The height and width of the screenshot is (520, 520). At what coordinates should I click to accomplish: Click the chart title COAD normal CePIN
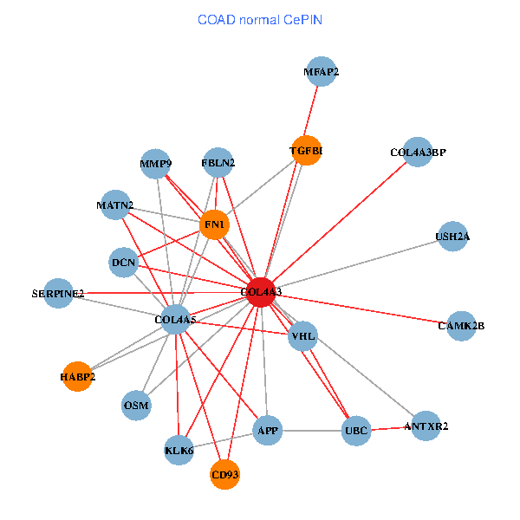(x=260, y=18)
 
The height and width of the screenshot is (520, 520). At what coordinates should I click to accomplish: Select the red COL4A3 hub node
(x=261, y=292)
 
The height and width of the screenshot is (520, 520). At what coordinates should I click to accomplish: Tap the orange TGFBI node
(x=306, y=151)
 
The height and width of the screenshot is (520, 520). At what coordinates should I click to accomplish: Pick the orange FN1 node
(x=214, y=225)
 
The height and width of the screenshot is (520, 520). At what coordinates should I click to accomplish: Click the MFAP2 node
(x=321, y=72)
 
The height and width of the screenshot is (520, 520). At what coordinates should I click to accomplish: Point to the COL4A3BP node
(x=418, y=153)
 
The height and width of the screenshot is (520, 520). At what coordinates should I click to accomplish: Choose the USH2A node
(x=452, y=236)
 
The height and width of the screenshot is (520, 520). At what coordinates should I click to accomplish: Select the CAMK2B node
(x=461, y=326)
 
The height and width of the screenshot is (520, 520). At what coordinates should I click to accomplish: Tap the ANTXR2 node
(x=425, y=426)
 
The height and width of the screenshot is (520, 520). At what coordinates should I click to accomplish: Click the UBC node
(x=356, y=431)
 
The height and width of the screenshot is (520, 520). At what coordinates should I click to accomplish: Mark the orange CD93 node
(x=224, y=475)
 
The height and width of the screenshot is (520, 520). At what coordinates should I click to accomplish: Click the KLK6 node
(x=179, y=451)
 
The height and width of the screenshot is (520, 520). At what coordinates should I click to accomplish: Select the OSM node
(x=136, y=405)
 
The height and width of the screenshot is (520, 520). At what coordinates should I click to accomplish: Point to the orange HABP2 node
(x=77, y=377)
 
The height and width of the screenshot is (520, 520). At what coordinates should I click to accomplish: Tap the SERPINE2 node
(x=58, y=294)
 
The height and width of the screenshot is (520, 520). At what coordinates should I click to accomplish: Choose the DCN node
(x=123, y=262)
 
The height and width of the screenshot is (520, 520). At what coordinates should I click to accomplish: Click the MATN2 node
(x=115, y=205)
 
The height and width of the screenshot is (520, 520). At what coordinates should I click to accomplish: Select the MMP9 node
(x=156, y=164)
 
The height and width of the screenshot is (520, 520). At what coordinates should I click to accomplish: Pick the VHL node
(x=302, y=335)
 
